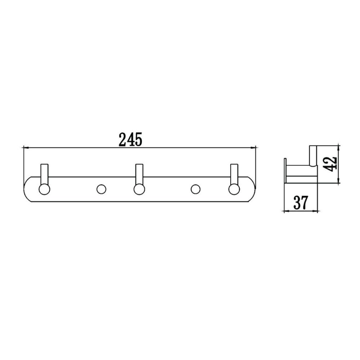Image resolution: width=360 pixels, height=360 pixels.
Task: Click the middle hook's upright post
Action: coord(139,173)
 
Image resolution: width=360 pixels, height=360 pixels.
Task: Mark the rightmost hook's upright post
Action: coord(234,173)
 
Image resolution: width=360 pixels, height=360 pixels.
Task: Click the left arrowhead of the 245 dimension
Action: coord(25,147)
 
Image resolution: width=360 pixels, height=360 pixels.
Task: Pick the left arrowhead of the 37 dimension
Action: coord(286,211)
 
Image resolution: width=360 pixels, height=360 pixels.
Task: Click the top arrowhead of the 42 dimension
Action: coord(338,147)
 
